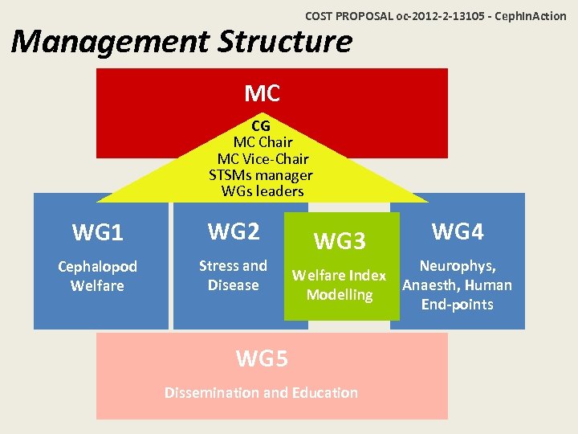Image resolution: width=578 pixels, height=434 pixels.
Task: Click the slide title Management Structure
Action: (182, 41)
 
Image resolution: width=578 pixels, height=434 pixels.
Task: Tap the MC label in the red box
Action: (262, 94)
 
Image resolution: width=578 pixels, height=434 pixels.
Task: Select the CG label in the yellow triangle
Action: (261, 126)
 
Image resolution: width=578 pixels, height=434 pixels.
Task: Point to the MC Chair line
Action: (263, 142)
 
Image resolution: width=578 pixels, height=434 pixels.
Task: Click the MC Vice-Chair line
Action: (263, 159)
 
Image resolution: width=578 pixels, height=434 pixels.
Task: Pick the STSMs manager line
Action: (261, 175)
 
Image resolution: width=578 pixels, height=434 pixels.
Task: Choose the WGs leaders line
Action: (263, 191)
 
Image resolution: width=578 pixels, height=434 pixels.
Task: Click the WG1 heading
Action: (97, 233)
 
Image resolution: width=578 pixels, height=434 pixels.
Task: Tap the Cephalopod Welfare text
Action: (97, 276)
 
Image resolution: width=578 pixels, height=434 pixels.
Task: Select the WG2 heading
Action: (233, 231)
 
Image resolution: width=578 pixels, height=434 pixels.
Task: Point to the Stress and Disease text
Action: (233, 275)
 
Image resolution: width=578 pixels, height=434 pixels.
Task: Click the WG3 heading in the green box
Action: (340, 240)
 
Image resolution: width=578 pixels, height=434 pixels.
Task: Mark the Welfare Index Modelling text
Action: (340, 285)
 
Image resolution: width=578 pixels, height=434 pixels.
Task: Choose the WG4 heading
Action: (458, 231)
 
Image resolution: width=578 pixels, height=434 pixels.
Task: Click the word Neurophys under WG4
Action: (458, 266)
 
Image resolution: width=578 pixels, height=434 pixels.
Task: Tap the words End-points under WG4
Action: (458, 305)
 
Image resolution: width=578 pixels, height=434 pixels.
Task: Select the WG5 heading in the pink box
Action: (262, 358)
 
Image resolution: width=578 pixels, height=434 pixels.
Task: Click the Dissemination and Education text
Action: (261, 393)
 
